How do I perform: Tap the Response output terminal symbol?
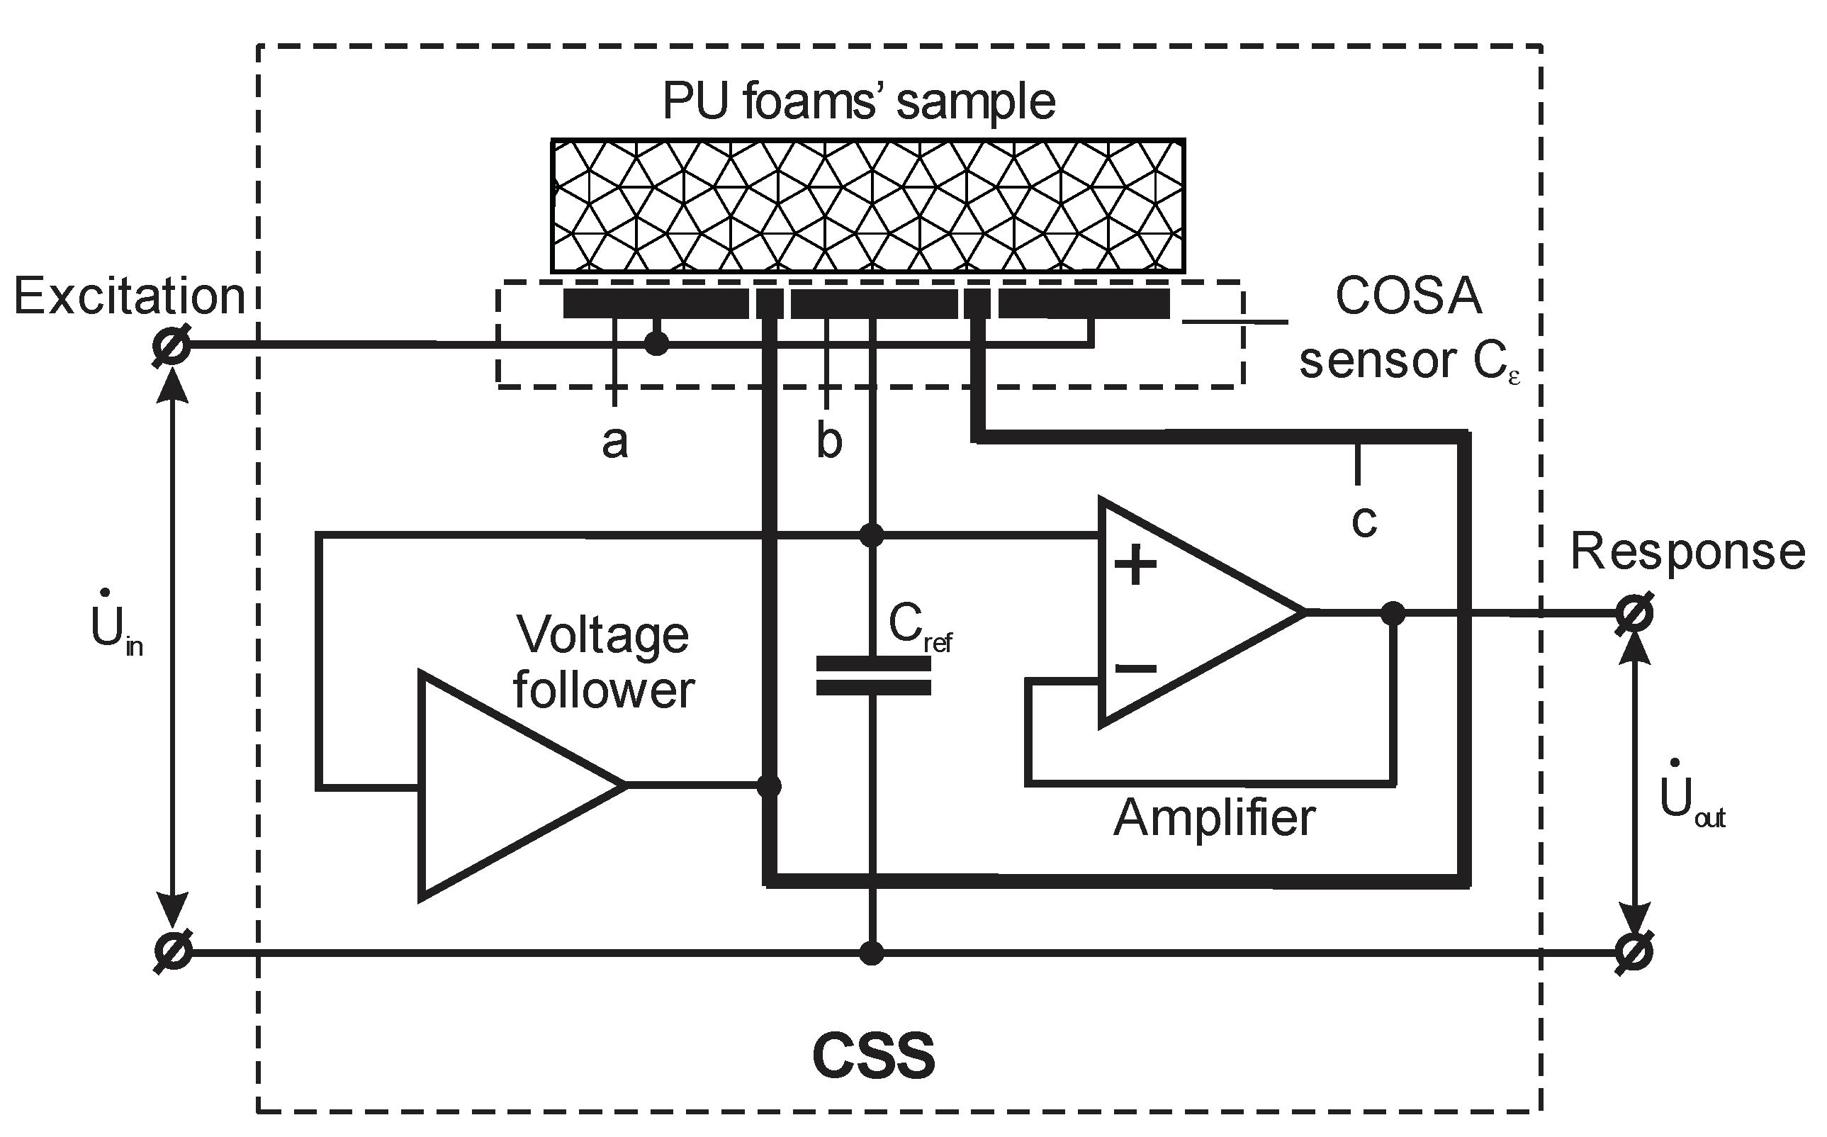[1634, 614]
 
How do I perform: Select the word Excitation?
[129, 296]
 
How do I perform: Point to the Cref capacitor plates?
[873, 676]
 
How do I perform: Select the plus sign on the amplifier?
[1135, 566]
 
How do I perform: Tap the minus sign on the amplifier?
[1135, 668]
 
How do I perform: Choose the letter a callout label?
[614, 442]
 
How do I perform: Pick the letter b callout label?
[828, 442]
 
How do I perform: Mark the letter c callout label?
[1364, 520]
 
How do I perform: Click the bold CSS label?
[874, 1056]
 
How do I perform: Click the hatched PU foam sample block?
[867, 206]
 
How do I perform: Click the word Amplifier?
[1213, 818]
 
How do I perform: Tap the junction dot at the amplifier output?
[1393, 614]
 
